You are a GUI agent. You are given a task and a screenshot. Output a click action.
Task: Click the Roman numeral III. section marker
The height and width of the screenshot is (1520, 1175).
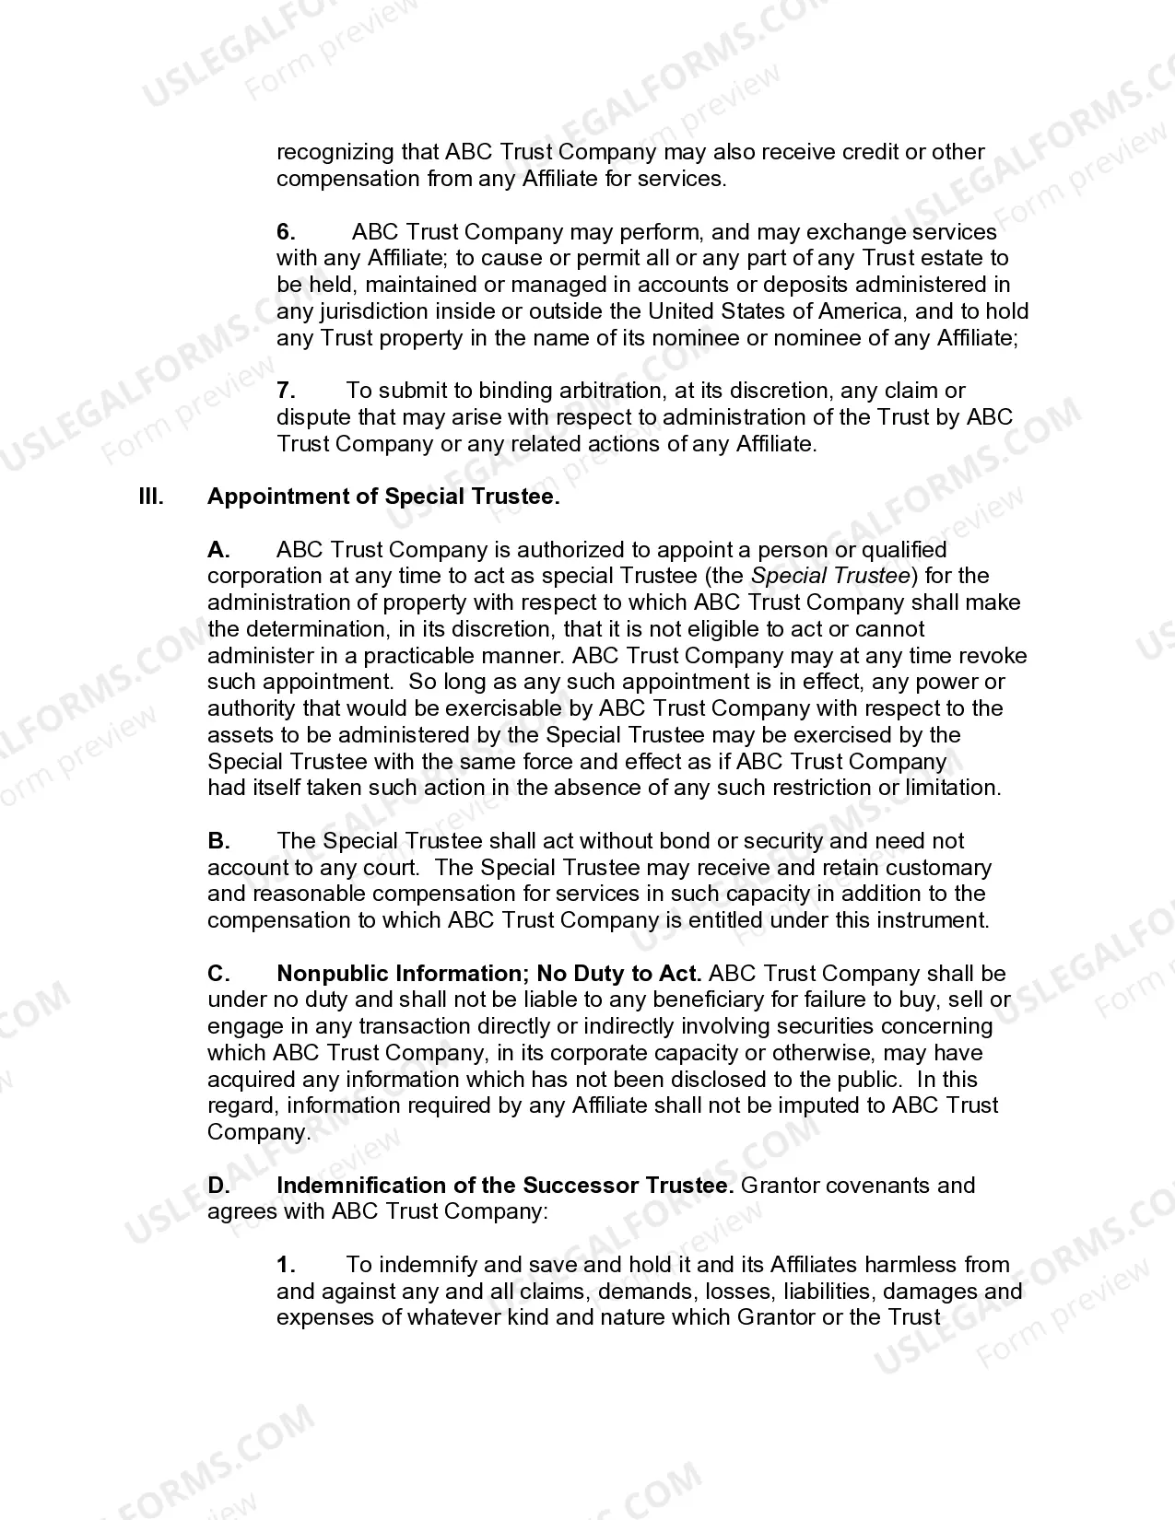point(151,497)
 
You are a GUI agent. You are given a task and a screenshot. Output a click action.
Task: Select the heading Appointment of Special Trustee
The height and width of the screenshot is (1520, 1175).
point(383,497)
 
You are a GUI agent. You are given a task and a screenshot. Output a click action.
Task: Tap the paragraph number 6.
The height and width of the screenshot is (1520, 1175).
point(286,232)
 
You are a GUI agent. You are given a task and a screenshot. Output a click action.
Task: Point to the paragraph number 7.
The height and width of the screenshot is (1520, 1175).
point(286,392)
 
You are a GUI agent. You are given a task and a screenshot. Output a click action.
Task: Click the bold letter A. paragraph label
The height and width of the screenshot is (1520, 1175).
point(218,551)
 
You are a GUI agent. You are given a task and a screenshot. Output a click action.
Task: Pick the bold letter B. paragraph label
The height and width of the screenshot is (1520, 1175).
point(218,841)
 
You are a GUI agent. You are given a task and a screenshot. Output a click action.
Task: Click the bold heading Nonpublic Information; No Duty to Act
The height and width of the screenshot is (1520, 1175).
point(489,974)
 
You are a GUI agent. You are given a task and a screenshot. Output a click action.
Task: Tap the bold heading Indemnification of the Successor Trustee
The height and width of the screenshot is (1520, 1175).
point(505,1186)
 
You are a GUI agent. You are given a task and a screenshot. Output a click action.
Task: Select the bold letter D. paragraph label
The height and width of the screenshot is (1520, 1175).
point(218,1186)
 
